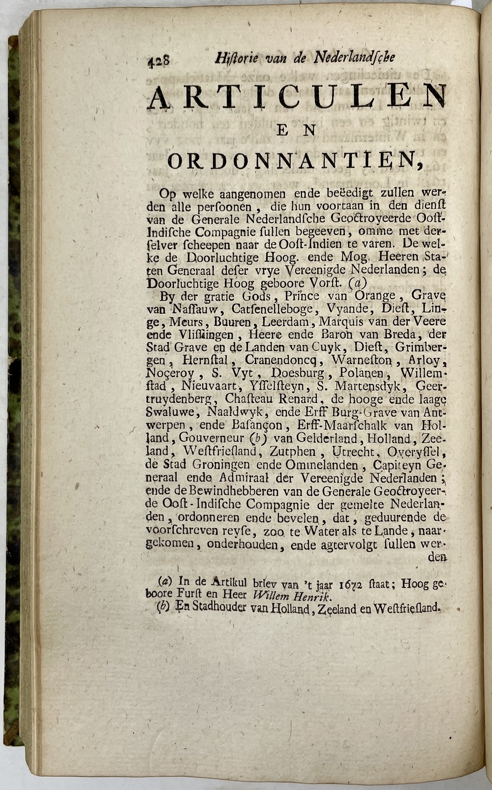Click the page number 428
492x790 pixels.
point(159,60)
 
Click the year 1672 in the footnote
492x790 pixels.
point(350,584)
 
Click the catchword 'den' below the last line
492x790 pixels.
point(437,557)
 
